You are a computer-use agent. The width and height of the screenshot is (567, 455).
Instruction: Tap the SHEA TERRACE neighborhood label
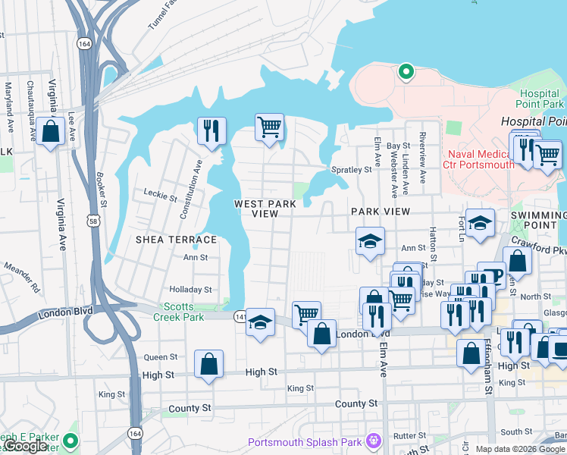coord(176,240)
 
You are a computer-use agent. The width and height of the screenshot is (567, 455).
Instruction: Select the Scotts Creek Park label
coord(183,312)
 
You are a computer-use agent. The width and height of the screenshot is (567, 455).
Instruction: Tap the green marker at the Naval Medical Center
coord(406,72)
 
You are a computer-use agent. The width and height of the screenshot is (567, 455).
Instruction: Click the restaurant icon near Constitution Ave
coord(211,130)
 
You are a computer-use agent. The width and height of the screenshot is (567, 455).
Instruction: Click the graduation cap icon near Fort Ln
coord(480,223)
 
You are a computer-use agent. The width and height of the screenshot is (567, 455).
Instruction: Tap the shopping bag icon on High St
coord(208,364)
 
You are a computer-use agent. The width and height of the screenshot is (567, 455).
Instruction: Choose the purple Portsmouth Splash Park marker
coord(372,441)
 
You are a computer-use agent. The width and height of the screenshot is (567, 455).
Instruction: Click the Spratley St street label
coord(351,170)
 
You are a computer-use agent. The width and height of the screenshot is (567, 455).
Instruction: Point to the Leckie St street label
coord(160,199)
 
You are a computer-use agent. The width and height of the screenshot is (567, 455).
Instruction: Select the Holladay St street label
coord(190,290)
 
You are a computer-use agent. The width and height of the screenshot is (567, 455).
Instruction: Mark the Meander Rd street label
coord(23,277)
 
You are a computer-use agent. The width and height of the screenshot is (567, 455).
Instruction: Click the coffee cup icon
coord(491,275)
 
